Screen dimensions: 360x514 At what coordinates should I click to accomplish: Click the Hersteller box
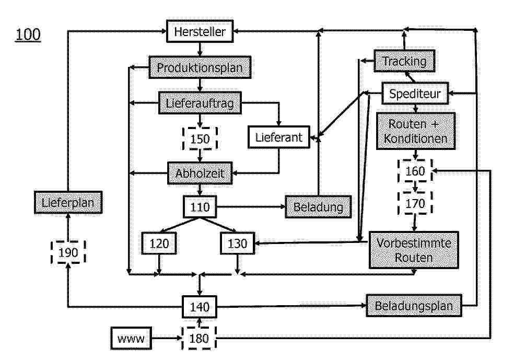200,32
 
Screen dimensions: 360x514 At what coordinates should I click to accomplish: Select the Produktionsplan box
200,68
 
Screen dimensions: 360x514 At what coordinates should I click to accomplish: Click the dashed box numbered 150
200,139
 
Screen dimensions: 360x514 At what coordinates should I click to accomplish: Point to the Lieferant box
279,137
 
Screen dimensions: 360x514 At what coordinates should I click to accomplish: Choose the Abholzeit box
200,173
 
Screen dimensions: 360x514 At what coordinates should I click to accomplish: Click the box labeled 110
200,207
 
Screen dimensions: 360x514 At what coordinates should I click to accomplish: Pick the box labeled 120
159,243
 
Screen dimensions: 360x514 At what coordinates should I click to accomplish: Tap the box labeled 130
237,243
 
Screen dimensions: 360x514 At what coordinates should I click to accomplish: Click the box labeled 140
200,307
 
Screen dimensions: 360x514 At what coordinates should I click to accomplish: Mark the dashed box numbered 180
199,339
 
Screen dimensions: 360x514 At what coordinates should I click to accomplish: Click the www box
131,339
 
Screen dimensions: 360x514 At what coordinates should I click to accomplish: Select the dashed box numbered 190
68,252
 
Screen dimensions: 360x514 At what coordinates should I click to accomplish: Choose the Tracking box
405,61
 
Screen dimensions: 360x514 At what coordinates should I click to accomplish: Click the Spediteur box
415,94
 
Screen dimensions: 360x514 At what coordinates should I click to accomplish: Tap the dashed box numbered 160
415,171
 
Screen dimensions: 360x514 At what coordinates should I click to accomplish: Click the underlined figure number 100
28,35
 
